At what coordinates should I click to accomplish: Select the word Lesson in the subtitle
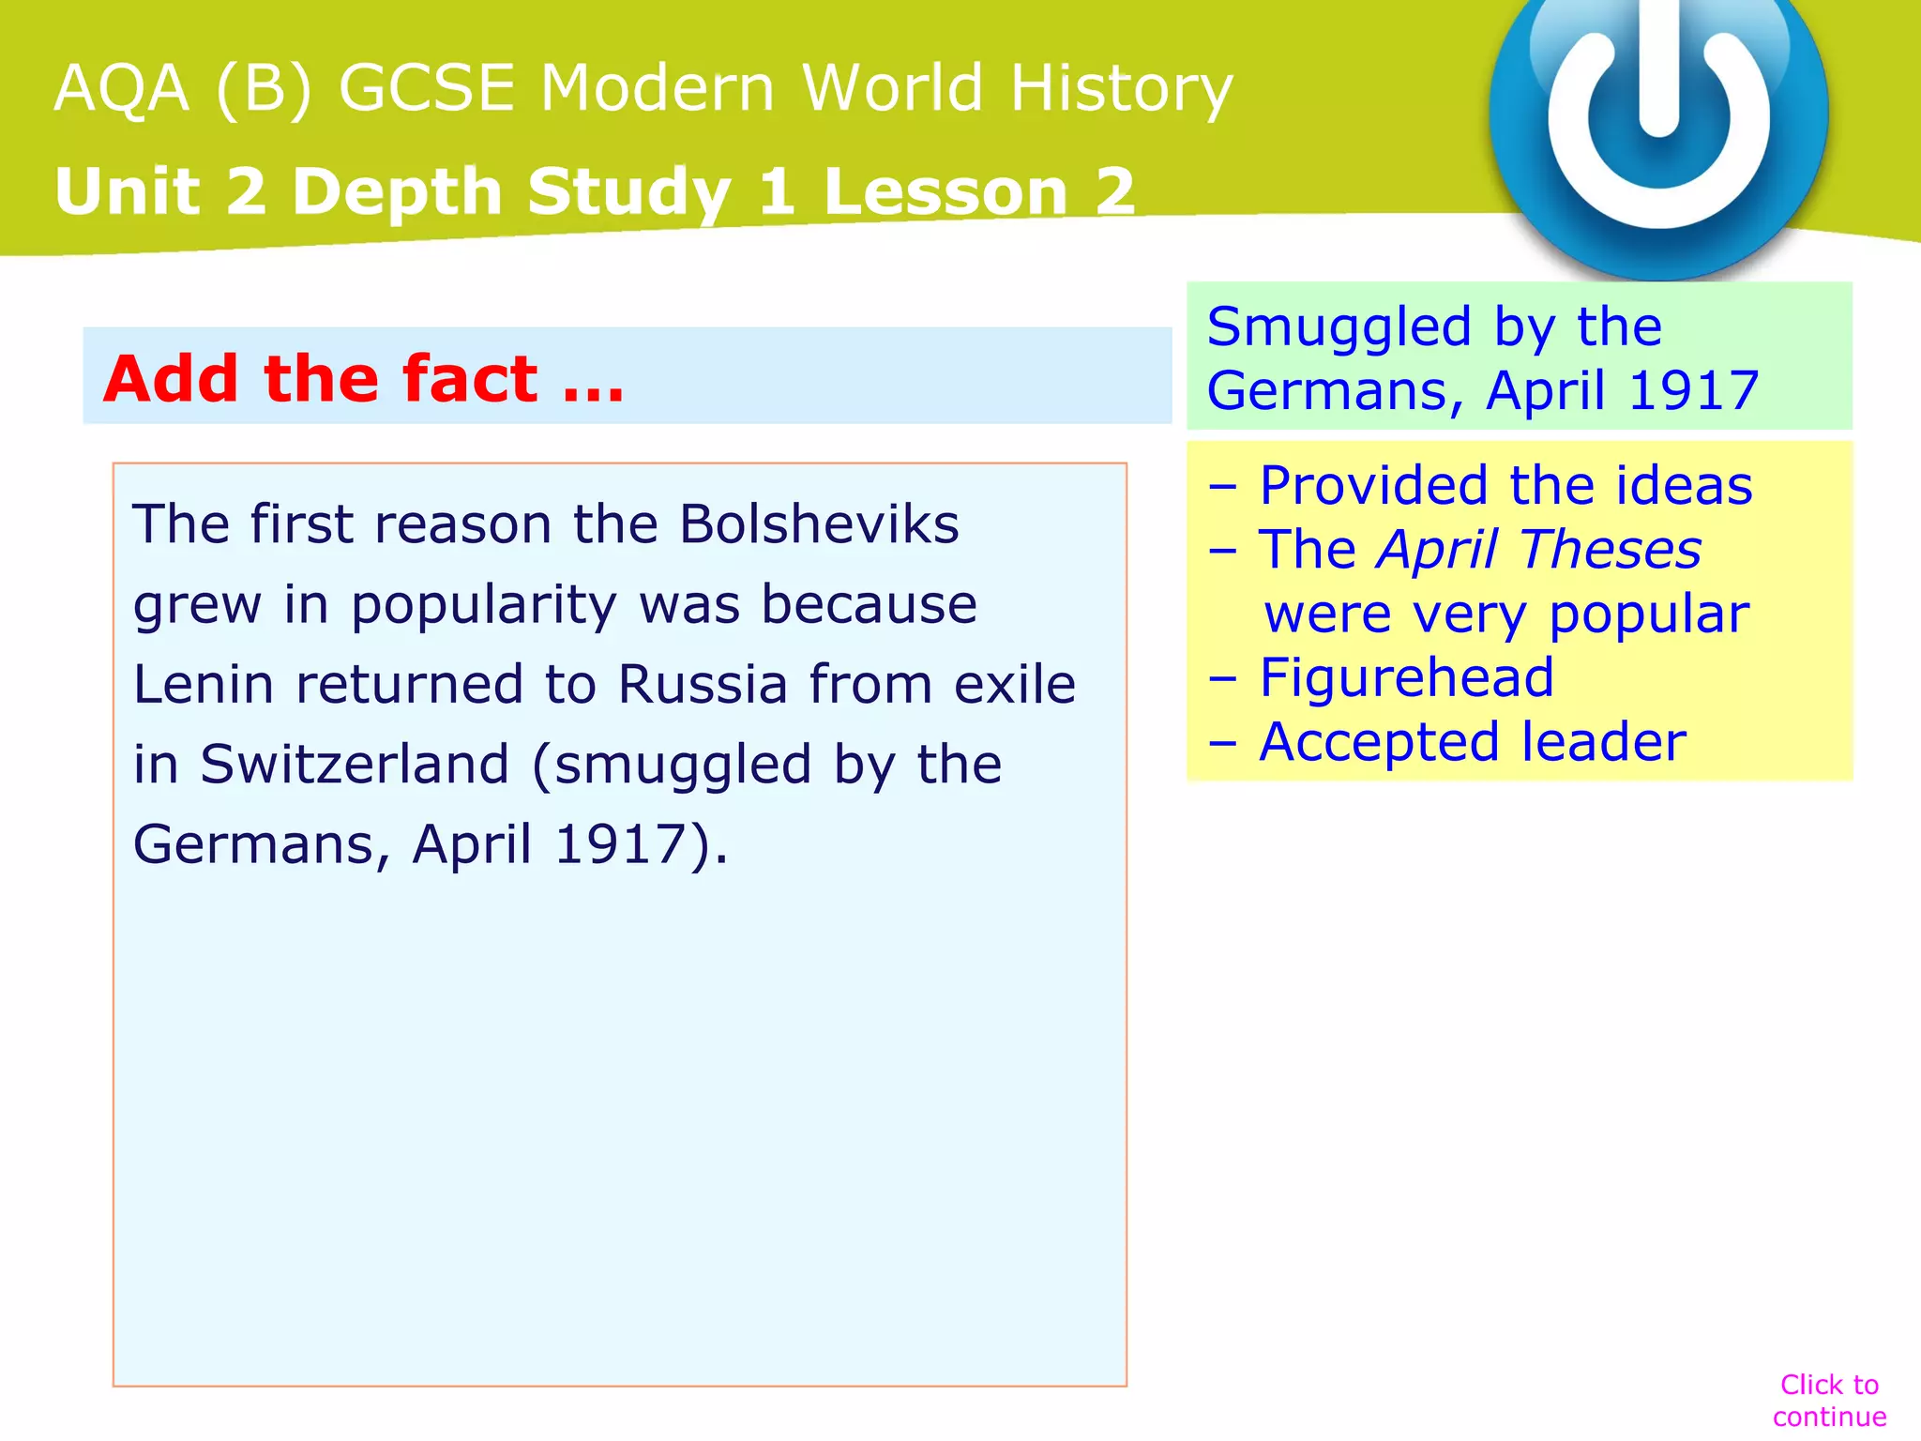click(945, 191)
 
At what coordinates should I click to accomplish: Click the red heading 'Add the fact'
click(364, 379)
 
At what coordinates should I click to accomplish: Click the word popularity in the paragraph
click(484, 605)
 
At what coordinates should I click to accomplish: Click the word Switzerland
click(355, 764)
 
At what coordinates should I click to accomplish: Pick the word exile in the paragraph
click(1015, 684)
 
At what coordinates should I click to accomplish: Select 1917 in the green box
click(1694, 391)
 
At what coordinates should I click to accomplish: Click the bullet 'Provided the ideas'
click(1505, 486)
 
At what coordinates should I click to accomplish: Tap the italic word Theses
click(1611, 550)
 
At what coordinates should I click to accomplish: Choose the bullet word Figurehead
click(1406, 677)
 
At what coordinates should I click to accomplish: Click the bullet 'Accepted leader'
click(1472, 742)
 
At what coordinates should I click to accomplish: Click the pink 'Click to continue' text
click(1829, 1400)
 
